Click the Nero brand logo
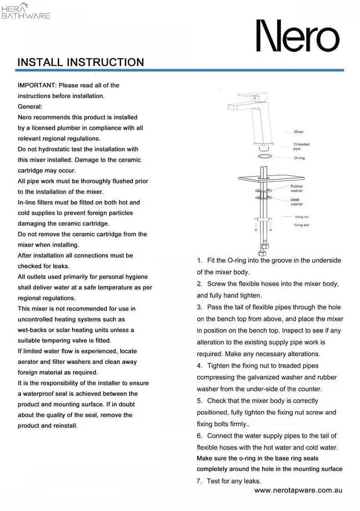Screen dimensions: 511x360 pyautogui.click(x=297, y=36)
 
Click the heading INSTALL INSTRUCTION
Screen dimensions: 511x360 pyautogui.click(x=81, y=62)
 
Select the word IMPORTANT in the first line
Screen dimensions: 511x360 pyautogui.click(x=36, y=85)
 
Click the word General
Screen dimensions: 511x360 pyautogui.click(x=30, y=106)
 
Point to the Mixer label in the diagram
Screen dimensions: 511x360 pyautogui.click(x=299, y=132)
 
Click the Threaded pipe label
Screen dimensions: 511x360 pyautogui.click(x=301, y=146)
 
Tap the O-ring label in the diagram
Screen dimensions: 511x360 pyautogui.click(x=299, y=158)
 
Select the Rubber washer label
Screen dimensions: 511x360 pyautogui.click(x=297, y=188)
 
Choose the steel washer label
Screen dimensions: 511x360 pyautogui.click(x=297, y=202)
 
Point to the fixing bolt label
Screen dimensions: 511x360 pyautogui.click(x=302, y=225)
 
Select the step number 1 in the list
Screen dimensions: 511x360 pyautogui.click(x=199, y=260)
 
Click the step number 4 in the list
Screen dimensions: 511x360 pyautogui.click(x=199, y=366)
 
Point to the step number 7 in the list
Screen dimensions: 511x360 pyautogui.click(x=199, y=481)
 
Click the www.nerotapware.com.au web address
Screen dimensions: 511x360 pyautogui.click(x=298, y=491)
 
